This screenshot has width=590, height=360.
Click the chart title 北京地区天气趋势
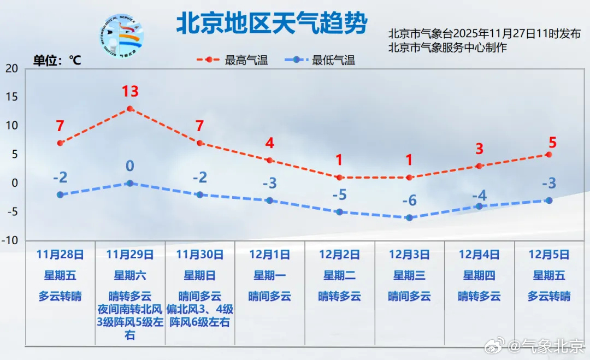tap(272, 23)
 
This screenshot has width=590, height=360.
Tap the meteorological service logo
tap(121, 36)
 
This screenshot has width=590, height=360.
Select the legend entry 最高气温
tap(232, 60)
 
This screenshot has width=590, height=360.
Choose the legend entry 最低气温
tap(320, 60)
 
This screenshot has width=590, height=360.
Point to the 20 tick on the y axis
tap(11, 68)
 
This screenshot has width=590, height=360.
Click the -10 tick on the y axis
tap(10, 240)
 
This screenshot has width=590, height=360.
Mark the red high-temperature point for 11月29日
tap(130, 109)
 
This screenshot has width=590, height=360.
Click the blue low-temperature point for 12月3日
tap(409, 218)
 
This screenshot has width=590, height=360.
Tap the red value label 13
tap(130, 91)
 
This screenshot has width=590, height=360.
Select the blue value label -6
tap(409, 200)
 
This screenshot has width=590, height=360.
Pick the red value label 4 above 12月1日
tap(269, 143)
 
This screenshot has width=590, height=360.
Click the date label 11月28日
tap(60, 255)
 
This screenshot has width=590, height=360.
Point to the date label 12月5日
tap(549, 255)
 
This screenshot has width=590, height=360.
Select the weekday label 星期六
tap(130, 276)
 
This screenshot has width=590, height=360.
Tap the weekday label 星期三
tap(409, 276)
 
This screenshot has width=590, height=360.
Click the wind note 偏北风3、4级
tap(200, 309)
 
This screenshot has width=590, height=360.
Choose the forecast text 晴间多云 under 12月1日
tap(269, 297)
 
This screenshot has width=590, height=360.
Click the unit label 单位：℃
tap(57, 60)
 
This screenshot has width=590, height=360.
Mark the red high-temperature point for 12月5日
tap(549, 155)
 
